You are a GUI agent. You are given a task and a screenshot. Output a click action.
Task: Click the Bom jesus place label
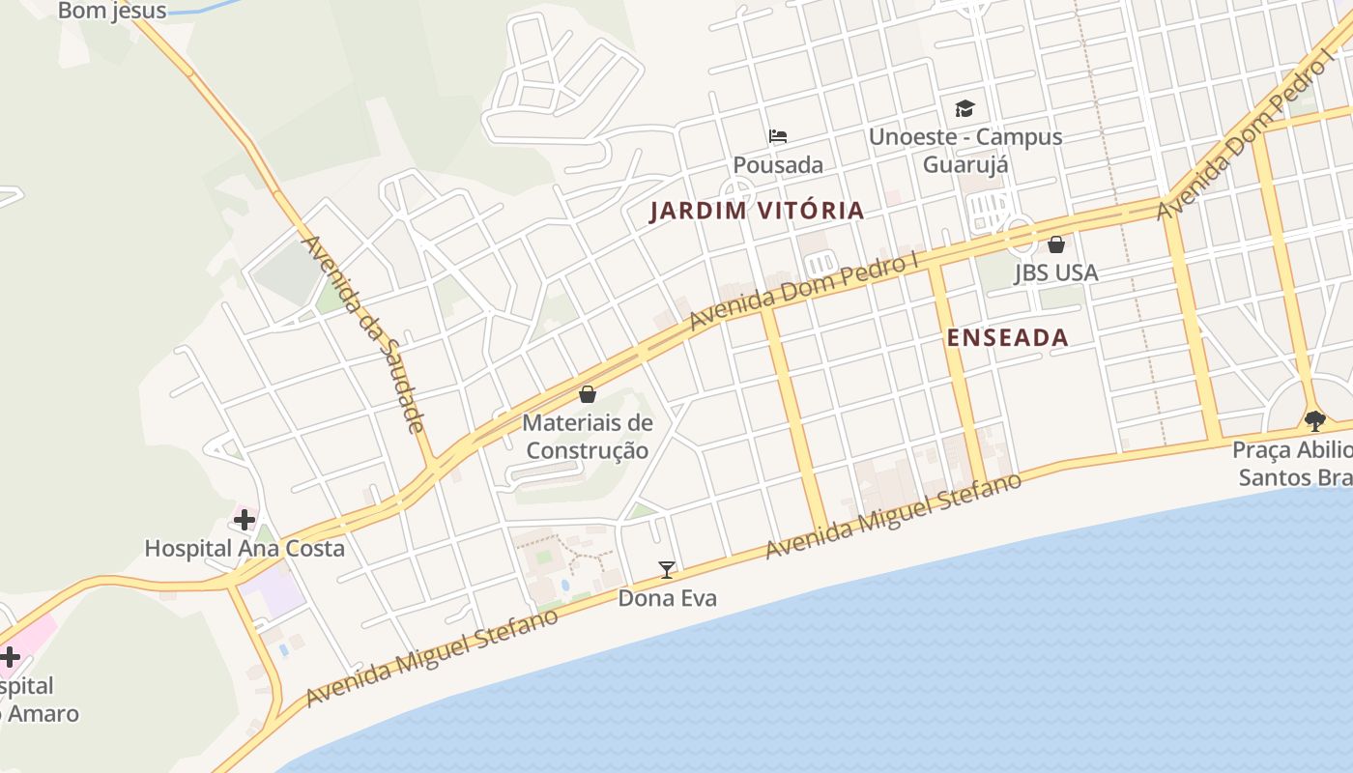(x=112, y=12)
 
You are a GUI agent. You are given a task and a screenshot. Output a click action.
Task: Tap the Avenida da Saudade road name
(x=364, y=333)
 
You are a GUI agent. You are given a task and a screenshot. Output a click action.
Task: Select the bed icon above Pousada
(x=778, y=135)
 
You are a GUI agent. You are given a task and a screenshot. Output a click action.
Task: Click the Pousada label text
(x=778, y=165)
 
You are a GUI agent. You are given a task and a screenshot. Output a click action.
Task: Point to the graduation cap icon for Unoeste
(x=964, y=108)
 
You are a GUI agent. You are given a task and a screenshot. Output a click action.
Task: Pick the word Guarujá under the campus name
(x=965, y=164)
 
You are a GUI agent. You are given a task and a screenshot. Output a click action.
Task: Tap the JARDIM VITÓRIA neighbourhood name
(x=756, y=211)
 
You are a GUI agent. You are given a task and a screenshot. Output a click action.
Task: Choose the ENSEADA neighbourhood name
(x=1008, y=337)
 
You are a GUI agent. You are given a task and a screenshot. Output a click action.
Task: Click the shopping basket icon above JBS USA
(x=1056, y=244)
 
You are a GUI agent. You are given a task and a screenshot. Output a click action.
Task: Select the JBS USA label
(x=1056, y=273)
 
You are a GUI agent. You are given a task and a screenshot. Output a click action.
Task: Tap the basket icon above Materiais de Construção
(x=588, y=394)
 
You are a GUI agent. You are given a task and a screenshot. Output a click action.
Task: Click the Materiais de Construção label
(x=588, y=437)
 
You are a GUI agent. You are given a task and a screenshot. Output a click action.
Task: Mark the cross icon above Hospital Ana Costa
(x=245, y=520)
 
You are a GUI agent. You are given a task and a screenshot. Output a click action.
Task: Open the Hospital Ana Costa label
(x=245, y=549)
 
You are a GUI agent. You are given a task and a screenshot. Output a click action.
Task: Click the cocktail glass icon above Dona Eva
(x=667, y=569)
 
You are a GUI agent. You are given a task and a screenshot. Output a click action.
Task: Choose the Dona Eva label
(x=668, y=598)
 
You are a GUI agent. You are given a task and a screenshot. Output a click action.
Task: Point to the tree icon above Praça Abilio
(x=1314, y=420)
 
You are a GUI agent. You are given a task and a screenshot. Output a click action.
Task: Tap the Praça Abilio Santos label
(x=1292, y=464)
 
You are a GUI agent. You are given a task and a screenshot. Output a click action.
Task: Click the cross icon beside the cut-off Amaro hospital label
(x=10, y=657)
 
